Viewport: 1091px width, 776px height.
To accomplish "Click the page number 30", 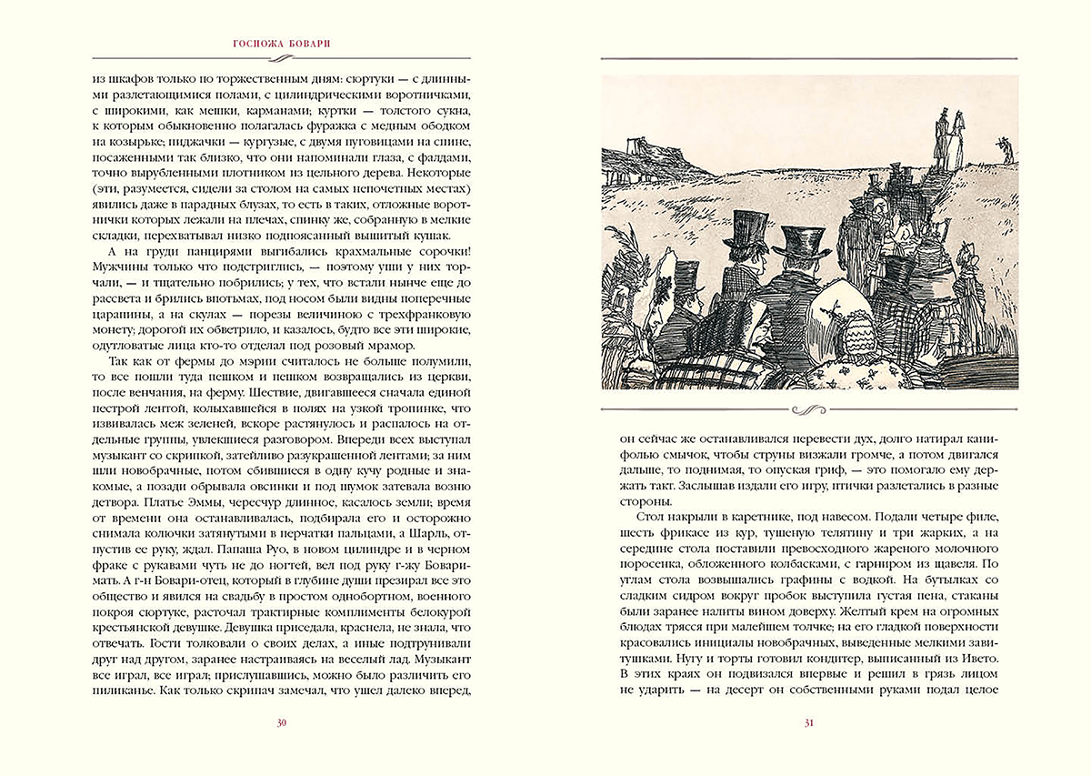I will [x=282, y=723].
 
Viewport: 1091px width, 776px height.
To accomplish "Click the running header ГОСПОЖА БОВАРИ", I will [x=282, y=43].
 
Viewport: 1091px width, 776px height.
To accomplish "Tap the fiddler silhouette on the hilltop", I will [x=1004, y=146].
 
